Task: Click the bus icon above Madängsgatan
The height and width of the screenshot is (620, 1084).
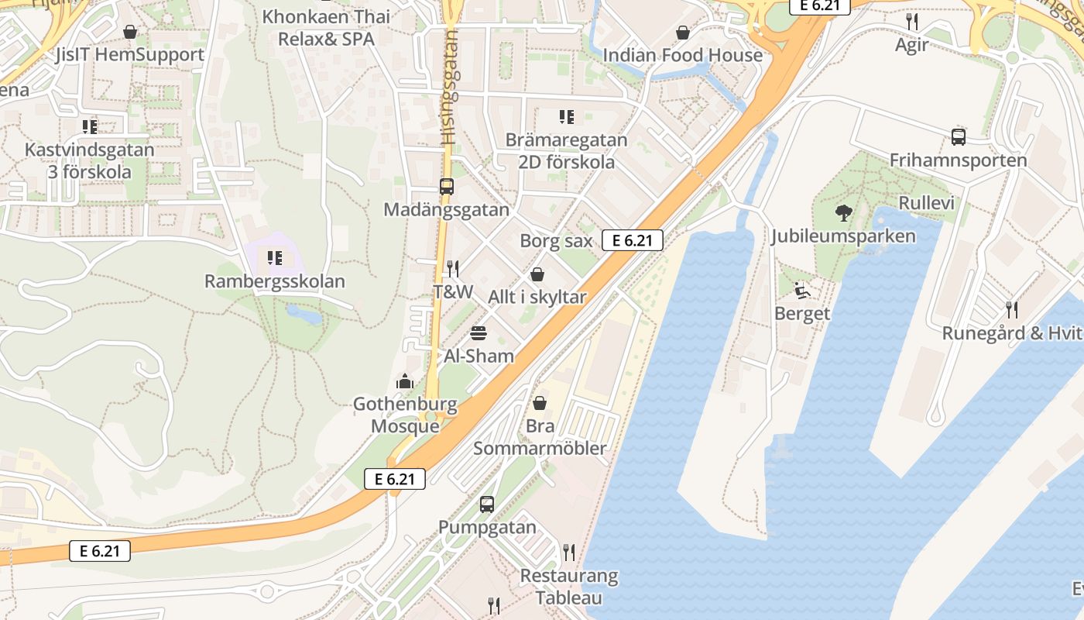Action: (447, 186)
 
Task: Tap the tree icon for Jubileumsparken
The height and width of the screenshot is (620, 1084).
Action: (843, 212)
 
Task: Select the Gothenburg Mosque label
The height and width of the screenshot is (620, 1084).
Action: (405, 415)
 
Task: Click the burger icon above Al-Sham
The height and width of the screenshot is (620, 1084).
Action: (479, 333)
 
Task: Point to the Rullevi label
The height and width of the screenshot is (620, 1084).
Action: (926, 203)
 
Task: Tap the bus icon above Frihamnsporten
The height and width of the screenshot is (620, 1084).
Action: (958, 137)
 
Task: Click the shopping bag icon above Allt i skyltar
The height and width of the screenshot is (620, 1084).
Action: (537, 274)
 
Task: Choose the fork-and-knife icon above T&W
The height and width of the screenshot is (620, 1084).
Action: (453, 269)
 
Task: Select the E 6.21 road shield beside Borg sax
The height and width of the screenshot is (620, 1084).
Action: (633, 240)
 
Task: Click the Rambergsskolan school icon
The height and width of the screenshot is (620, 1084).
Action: (274, 257)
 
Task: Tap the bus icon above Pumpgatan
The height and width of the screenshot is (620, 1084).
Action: (486, 504)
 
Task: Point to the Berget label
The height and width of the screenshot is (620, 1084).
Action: (802, 314)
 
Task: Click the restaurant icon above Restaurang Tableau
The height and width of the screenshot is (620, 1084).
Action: (569, 553)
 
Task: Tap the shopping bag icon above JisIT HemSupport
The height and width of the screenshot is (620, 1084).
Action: (130, 32)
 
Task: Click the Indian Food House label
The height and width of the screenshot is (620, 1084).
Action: (682, 55)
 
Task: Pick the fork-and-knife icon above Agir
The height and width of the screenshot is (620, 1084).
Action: (912, 22)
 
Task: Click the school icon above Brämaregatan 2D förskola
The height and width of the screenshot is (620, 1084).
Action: (567, 117)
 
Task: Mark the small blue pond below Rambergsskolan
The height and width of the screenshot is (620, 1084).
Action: (304, 314)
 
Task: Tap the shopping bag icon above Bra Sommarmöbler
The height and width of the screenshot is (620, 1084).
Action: (540, 403)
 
